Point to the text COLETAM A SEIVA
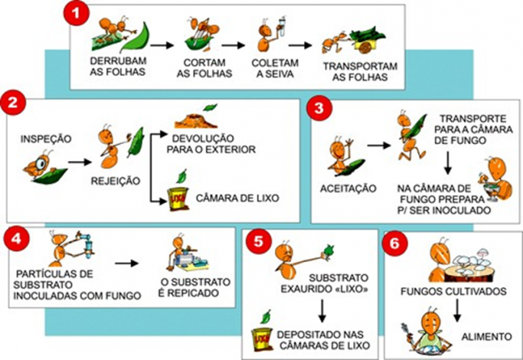point(268,67)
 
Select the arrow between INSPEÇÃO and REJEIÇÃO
point(79,162)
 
